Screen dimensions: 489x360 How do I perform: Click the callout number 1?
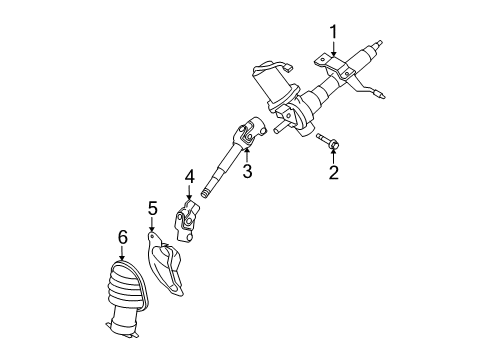334,33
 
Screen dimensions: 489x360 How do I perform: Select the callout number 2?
334,173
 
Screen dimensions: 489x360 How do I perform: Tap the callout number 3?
247,171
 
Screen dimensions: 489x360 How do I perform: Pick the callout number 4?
188,178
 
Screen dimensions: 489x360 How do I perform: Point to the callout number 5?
153,208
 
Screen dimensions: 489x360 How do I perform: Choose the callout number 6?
122,237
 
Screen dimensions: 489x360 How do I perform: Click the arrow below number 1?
334,55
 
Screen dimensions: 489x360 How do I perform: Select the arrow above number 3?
247,153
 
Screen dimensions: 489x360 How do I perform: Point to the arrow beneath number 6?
122,254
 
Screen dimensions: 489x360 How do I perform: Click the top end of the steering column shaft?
380,43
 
